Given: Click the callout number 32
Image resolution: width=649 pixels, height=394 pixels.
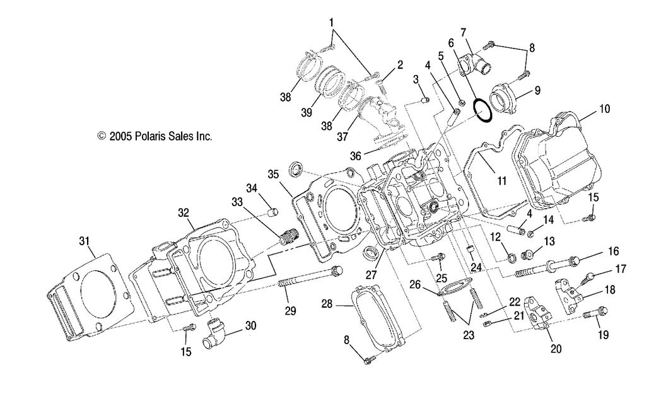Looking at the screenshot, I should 183,213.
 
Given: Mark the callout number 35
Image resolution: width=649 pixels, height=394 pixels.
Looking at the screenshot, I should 272,174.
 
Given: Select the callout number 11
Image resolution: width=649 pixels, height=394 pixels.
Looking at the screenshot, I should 501,181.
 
